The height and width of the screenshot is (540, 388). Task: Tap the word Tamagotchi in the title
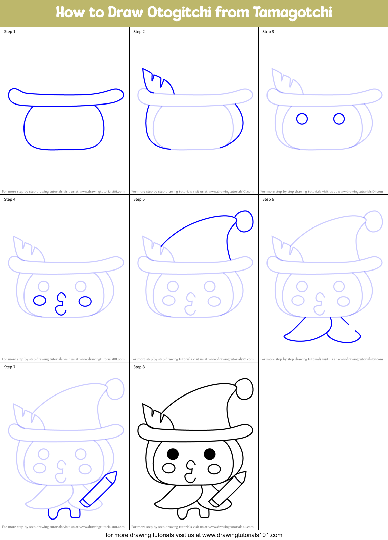[x=292, y=13]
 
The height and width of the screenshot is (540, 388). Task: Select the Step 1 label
[x=10, y=32]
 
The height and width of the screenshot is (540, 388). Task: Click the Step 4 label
[x=10, y=199]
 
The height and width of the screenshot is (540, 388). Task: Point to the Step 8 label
[x=139, y=367]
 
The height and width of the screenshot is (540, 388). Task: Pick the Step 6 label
[x=268, y=199]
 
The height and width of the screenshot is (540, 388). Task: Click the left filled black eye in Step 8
[x=173, y=454]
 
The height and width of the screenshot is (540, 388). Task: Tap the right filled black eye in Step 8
[x=210, y=454]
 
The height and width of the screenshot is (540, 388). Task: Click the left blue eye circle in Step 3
[x=302, y=119]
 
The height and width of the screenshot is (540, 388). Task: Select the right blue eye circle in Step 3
[x=339, y=119]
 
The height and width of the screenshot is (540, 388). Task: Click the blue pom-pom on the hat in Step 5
[x=244, y=221]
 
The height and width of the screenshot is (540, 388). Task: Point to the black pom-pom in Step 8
[x=244, y=389]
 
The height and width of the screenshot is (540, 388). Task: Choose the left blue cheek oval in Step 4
[x=40, y=300]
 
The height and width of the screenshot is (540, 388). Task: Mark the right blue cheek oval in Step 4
[x=85, y=301]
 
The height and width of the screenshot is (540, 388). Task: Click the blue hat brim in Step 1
[x=66, y=98]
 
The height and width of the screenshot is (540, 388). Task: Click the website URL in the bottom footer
[x=242, y=535]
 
